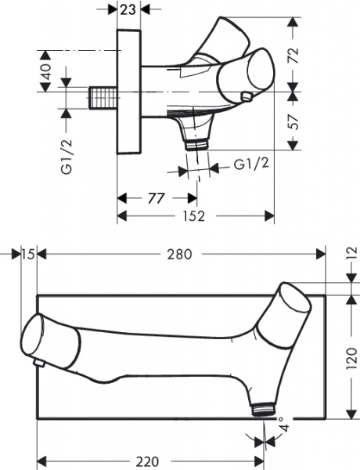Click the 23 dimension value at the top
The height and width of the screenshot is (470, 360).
[128, 9]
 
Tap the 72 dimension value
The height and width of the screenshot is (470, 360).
[293, 55]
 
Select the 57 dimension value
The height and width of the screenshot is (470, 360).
[293, 121]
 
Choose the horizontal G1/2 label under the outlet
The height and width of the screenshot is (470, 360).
[251, 164]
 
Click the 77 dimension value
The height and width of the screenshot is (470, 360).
[156, 198]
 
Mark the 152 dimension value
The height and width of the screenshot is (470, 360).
[194, 216]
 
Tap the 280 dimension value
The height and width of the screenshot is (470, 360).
[179, 255]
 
